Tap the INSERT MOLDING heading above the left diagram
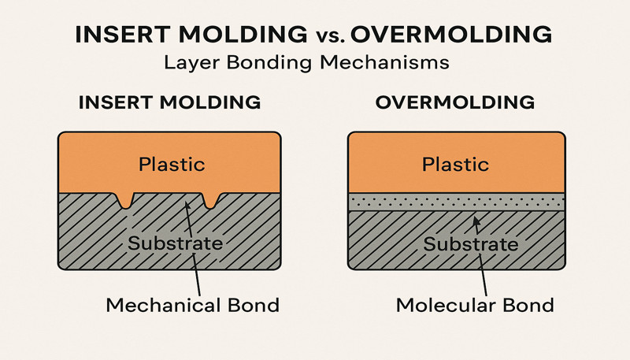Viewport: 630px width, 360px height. pyautogui.click(x=169, y=102)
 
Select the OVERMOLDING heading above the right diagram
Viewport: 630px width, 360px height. pyautogui.click(x=456, y=102)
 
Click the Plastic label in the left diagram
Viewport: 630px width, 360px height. pyautogui.click(x=171, y=165)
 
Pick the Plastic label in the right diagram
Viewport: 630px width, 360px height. pyautogui.click(x=456, y=165)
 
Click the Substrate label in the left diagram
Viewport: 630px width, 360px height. pyautogui.click(x=176, y=243)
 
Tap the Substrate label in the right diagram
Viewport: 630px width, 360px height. pyautogui.click(x=471, y=243)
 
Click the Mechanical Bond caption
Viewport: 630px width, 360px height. pyautogui.click(x=192, y=304)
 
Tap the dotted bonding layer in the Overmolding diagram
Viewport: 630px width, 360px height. pyautogui.click(x=456, y=201)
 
